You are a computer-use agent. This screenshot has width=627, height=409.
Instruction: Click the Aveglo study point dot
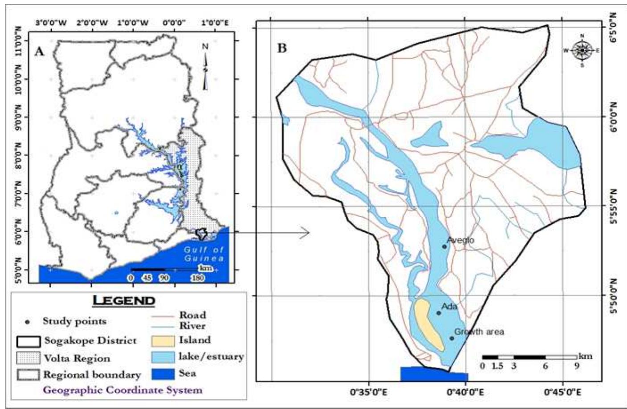444,247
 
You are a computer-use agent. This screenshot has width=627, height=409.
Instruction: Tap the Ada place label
449,307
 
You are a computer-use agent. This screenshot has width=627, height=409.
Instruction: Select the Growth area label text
479,332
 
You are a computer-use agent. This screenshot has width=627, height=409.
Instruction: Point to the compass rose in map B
582,50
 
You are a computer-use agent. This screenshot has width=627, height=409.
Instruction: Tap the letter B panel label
282,48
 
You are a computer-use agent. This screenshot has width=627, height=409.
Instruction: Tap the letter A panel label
39,52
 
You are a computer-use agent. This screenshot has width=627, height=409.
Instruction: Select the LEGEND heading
123,300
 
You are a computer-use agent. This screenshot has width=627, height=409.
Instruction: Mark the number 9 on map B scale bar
577,367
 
